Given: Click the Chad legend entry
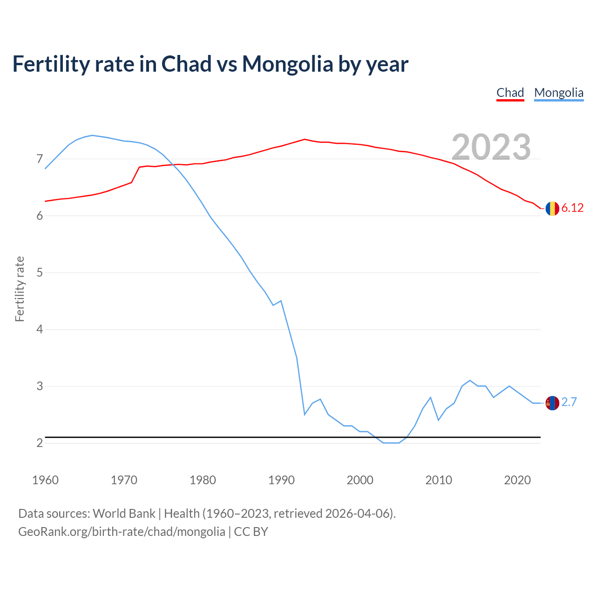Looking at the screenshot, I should click(x=510, y=93).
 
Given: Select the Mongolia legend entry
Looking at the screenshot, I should click(x=559, y=93).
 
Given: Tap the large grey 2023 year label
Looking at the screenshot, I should click(x=491, y=147).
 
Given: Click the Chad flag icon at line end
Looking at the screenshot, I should click(x=552, y=209).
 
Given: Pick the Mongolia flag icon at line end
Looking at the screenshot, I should click(x=552, y=403).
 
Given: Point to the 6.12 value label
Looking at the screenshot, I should click(x=572, y=208).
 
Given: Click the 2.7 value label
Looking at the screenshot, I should click(x=569, y=402).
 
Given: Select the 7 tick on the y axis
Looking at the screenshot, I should click(x=40, y=159).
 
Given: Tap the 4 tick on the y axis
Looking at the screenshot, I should click(x=40, y=330).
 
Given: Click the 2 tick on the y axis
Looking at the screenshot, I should click(x=40, y=443).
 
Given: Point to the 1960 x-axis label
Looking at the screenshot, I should click(x=45, y=480).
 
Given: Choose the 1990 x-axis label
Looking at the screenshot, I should click(x=281, y=480).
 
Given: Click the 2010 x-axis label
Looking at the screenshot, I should click(x=439, y=480).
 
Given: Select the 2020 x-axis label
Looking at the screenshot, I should click(x=517, y=480).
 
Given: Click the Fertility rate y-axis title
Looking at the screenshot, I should click(x=20, y=289).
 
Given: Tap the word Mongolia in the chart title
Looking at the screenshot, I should click(x=287, y=64).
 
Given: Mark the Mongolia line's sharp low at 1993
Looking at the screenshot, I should click(x=305, y=414).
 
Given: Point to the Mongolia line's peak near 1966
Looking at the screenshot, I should click(x=92, y=135).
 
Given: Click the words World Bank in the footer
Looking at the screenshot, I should click(x=124, y=514).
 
